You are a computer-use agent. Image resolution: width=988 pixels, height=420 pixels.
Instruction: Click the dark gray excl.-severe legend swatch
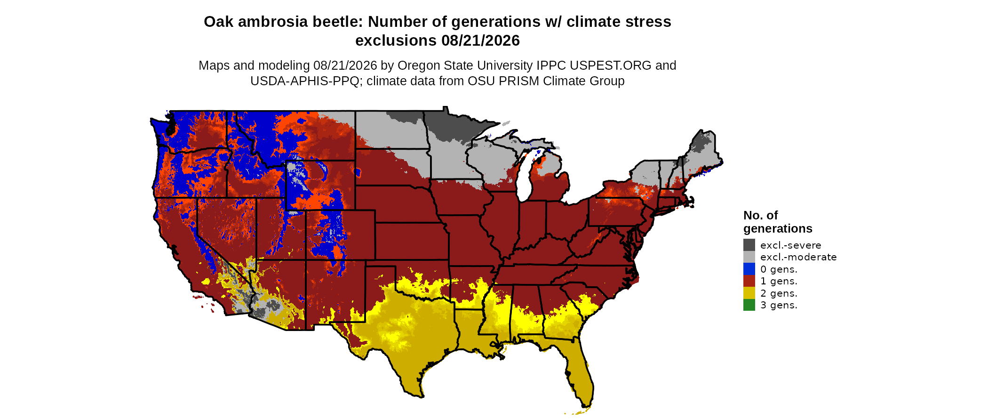click(749, 245)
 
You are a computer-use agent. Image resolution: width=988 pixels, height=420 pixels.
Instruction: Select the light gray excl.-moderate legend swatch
click(749, 257)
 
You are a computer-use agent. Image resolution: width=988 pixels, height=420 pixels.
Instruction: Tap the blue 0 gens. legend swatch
click(749, 269)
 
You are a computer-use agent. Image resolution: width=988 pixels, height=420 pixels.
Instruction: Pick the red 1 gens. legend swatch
click(749, 281)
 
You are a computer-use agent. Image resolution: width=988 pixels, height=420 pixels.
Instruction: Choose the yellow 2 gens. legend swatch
click(749, 293)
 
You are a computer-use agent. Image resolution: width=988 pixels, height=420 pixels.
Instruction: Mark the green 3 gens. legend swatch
click(749, 305)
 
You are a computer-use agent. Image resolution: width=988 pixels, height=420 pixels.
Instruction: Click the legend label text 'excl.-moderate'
click(798, 257)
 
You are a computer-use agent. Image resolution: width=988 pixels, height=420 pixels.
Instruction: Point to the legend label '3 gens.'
click(779, 305)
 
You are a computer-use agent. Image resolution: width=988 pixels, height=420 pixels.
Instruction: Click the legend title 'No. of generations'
click(778, 222)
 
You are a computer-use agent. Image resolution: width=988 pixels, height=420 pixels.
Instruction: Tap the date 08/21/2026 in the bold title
click(480, 40)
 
